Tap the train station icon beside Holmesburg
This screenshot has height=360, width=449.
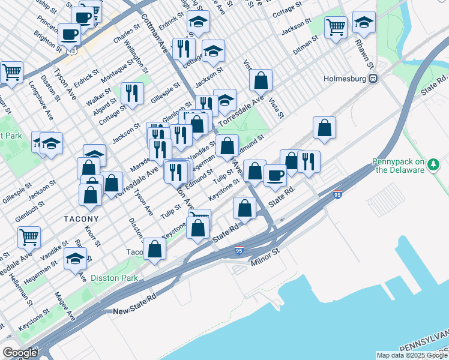[x=373, y=79]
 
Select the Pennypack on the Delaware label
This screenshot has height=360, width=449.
[x=398, y=166]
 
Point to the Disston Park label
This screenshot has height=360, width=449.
[x=114, y=278]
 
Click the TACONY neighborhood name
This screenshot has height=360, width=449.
[x=81, y=220]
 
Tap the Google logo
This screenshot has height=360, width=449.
[x=19, y=353]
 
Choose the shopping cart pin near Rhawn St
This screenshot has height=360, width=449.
[x=336, y=26]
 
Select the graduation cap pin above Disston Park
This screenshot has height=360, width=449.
[x=75, y=259]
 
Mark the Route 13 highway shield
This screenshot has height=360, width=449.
[x=73, y=52]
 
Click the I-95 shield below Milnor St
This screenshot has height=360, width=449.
[x=239, y=251]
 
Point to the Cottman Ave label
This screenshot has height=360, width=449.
[x=153, y=30]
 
